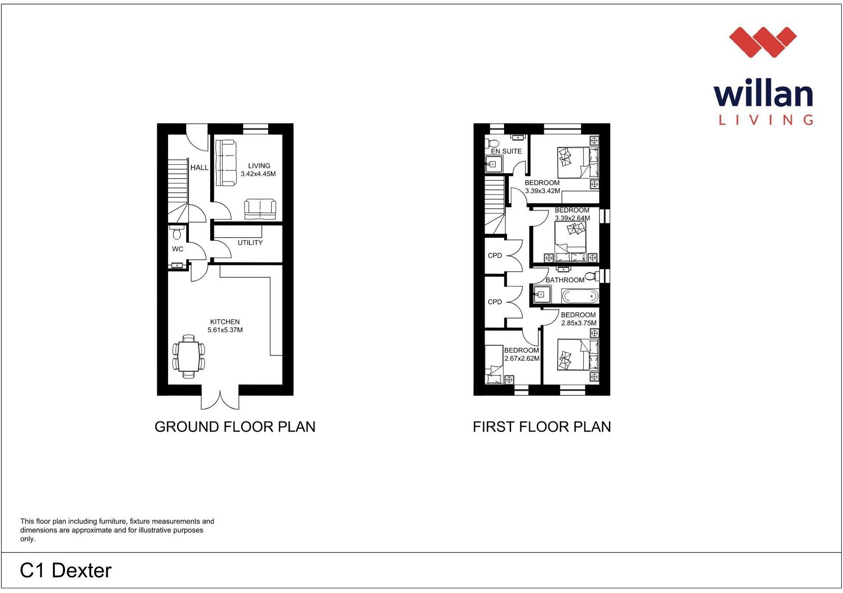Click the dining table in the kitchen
click(189, 357)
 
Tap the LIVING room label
click(259, 166)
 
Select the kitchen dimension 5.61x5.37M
click(225, 330)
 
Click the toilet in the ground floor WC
click(177, 233)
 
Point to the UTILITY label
click(250, 243)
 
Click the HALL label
click(199, 168)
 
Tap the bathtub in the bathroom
click(580, 296)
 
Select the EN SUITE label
click(506, 151)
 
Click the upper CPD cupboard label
click(495, 256)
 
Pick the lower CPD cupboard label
click(495, 302)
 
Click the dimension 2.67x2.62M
click(522, 358)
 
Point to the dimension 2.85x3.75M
click(579, 323)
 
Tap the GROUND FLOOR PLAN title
click(235, 427)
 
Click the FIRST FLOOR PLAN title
click(541, 427)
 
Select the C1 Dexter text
click(66, 571)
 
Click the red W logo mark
click(763, 42)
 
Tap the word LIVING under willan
click(765, 120)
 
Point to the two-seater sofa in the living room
click(260, 209)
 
